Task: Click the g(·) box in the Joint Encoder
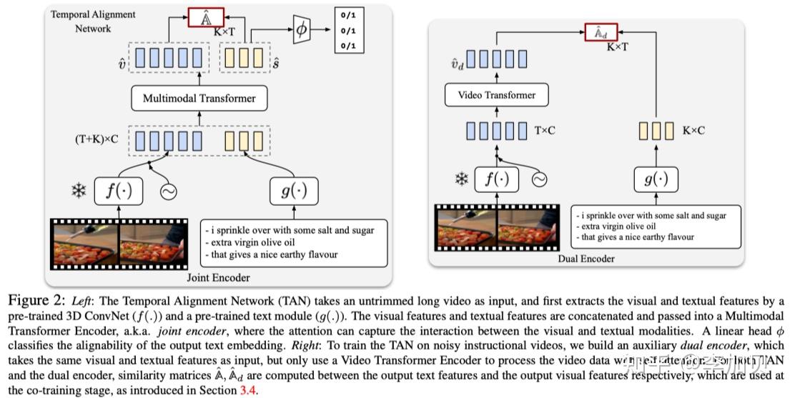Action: (x=293, y=190)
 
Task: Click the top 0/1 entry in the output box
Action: (x=350, y=15)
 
